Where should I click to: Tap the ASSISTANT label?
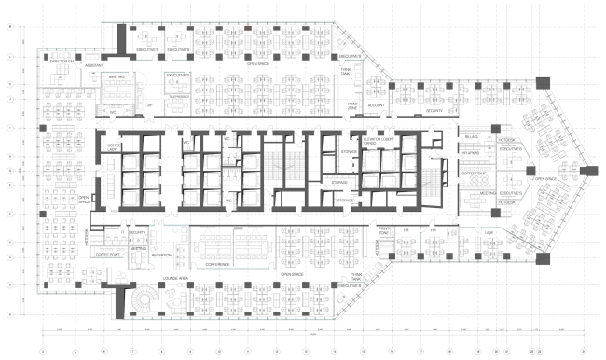tap(93, 66)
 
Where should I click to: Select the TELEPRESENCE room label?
tap(178, 96)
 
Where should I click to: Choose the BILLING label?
tap(472, 137)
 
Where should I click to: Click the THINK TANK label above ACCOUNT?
tap(346, 70)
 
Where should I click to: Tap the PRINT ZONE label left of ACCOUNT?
tap(353, 105)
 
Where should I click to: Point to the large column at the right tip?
tap(588, 172)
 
